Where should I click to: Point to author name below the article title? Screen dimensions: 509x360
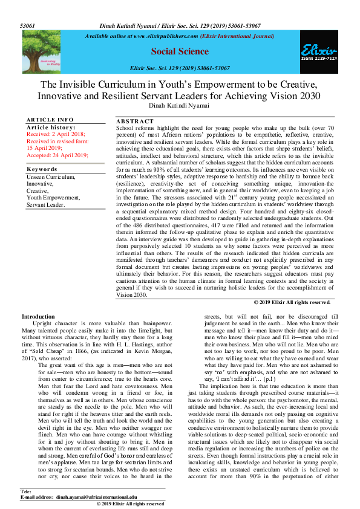[180, 106]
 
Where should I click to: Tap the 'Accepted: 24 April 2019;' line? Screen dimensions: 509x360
[57, 155]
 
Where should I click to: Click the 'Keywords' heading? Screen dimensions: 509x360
[42, 169]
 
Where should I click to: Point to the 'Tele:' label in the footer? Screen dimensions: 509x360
[25, 490]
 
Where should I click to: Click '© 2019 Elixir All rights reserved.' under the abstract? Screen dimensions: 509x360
[292, 302]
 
